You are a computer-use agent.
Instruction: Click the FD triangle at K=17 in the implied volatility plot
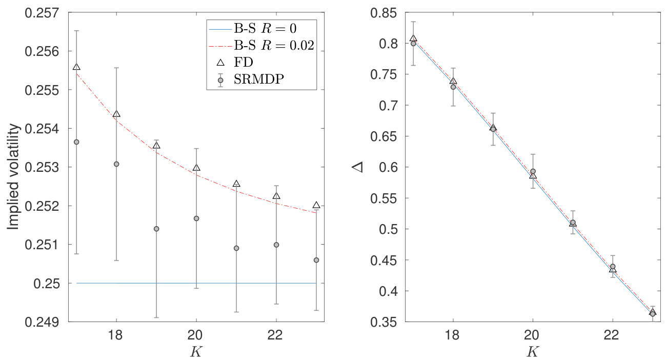click(76, 67)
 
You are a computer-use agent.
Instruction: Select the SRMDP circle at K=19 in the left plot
click(156, 229)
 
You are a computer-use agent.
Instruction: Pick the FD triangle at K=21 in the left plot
click(236, 184)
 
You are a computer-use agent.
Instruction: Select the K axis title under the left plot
click(197, 352)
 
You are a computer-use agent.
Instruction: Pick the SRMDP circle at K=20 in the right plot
click(533, 171)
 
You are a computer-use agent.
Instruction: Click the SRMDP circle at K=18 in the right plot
click(453, 87)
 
